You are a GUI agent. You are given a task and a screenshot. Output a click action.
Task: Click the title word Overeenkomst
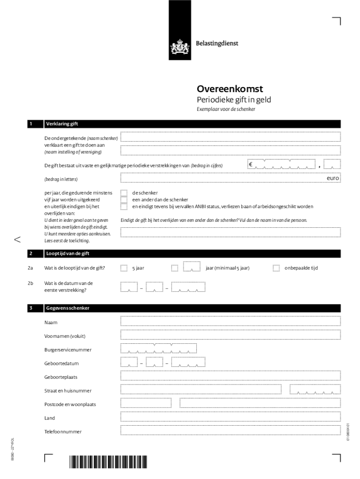[230, 89]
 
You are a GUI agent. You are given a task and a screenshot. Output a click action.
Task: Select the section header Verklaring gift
[62, 124]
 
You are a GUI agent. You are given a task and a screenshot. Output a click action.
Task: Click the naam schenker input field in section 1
[230, 136]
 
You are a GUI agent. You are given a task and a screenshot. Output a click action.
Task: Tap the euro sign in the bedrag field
[251, 165]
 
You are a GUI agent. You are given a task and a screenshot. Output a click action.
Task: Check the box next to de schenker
[124, 193]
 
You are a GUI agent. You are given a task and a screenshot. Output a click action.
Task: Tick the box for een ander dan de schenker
[124, 200]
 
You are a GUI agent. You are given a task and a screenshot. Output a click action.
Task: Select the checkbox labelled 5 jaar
[124, 268]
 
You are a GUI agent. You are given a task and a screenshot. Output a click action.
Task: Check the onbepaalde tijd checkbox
[276, 268]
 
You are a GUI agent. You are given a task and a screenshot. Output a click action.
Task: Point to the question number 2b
[30, 283]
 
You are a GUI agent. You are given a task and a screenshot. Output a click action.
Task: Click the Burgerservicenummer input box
[158, 348]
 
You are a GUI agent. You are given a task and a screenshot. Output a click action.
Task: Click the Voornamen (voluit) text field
[230, 334]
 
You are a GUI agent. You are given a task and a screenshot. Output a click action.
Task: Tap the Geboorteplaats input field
[230, 376]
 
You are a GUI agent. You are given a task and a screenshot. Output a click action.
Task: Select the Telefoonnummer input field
[230, 430]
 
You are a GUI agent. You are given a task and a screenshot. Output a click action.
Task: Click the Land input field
[230, 417]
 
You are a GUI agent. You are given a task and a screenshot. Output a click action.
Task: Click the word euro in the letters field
[333, 178]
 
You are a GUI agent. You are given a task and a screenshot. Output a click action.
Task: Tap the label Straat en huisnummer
[68, 391]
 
